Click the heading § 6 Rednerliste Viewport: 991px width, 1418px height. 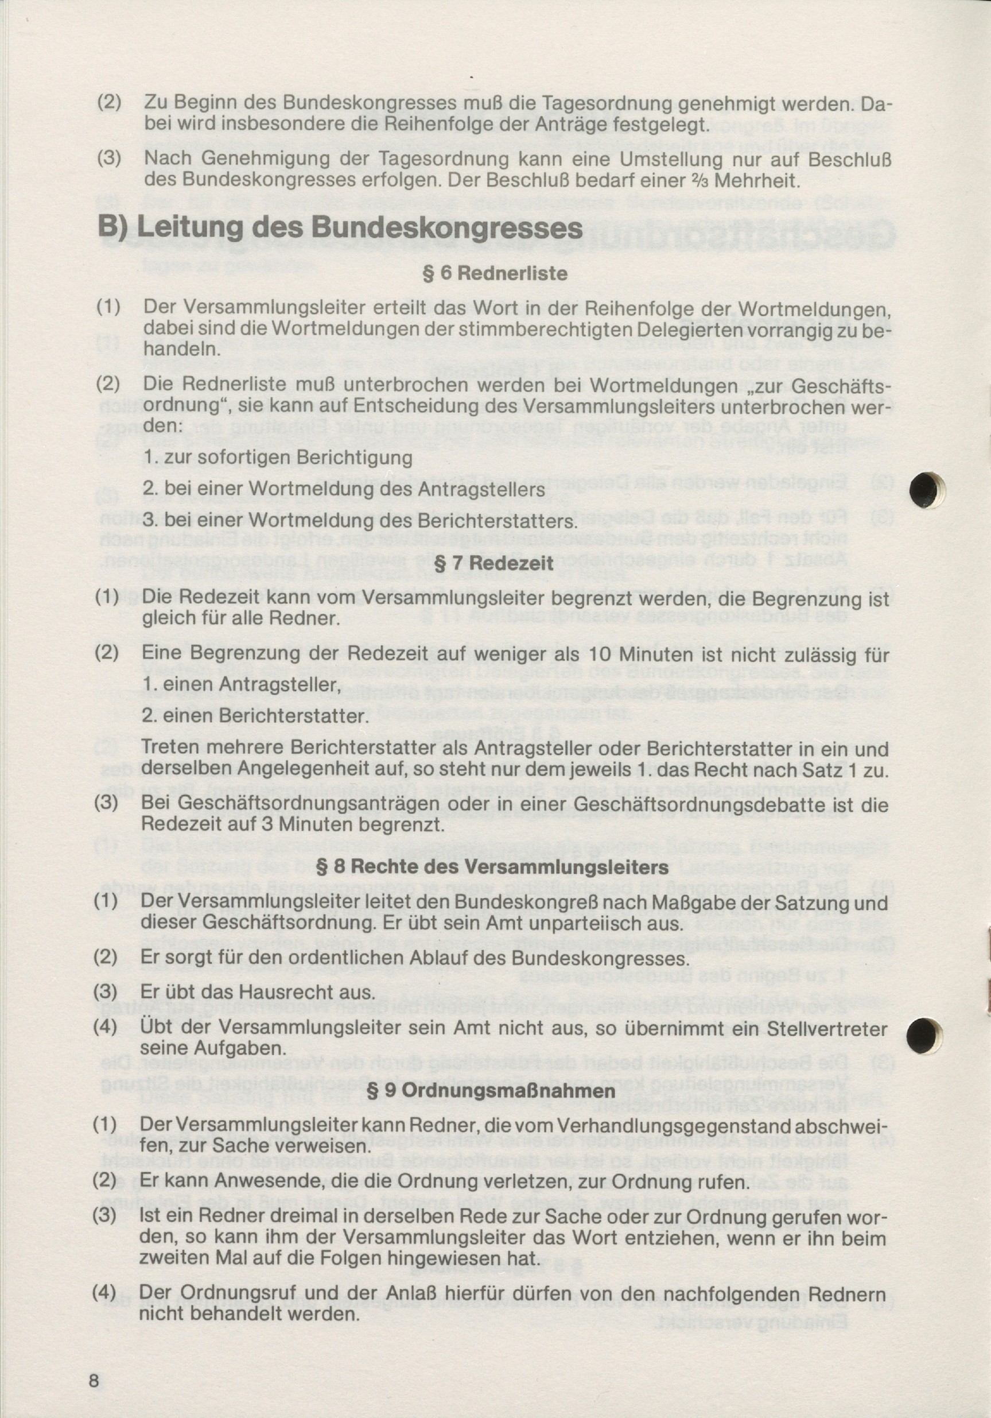coord(495,273)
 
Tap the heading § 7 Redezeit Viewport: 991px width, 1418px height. coord(494,563)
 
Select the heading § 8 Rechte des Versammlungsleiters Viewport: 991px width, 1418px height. coord(492,866)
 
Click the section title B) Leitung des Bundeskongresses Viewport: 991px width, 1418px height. coord(340,228)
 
